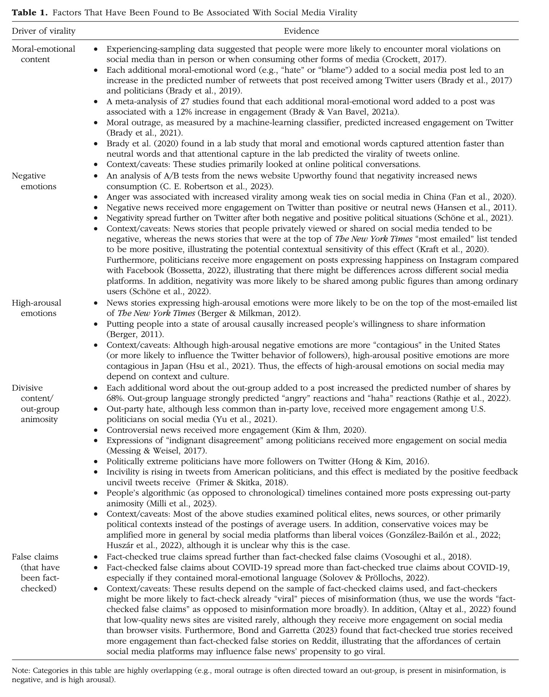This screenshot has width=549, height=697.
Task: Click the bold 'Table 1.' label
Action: pyautogui.click(x=30, y=13)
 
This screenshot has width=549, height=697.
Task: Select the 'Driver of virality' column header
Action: pyautogui.click(x=44, y=31)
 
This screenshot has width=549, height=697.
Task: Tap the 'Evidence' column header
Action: pyautogui.click(x=301, y=31)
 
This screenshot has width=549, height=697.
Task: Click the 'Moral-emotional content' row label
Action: pyautogui.click(x=43, y=54)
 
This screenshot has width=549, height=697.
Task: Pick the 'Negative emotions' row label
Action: pyautogui.click(x=34, y=181)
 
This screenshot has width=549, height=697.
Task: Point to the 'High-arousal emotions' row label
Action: pyautogui.click(x=36, y=308)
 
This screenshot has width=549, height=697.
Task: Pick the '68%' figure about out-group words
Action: pyautogui.click(x=114, y=398)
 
